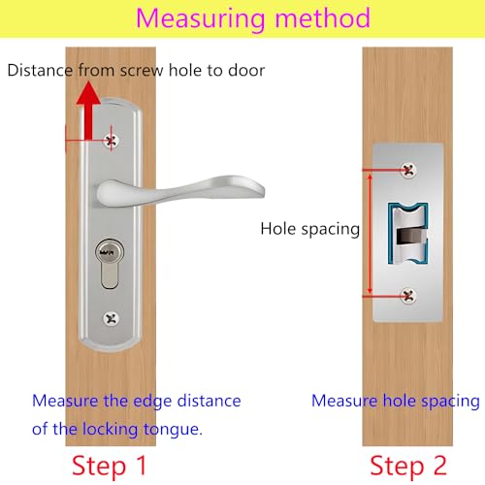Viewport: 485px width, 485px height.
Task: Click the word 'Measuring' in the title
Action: coord(201,19)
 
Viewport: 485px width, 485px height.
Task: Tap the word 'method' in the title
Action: coord(322,17)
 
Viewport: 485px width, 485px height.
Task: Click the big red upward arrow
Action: coord(88,111)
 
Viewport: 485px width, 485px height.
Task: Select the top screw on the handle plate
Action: coord(111,141)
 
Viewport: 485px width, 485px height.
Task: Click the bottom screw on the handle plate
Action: coord(112,318)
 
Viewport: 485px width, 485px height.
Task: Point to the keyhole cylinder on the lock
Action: coord(110,264)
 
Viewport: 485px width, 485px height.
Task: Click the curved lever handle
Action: coord(180,191)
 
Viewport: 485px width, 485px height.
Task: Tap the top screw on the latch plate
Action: coord(408,170)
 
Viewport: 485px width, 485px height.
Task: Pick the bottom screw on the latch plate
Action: coord(408,296)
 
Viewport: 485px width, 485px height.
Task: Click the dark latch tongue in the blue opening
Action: coord(410,236)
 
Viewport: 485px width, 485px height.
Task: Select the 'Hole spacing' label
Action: coord(310,229)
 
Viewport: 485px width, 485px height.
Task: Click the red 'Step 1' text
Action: coord(110,466)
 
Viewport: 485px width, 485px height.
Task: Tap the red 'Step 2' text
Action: coord(408,466)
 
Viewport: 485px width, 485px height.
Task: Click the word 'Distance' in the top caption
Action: coord(40,70)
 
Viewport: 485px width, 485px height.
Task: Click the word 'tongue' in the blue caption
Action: coord(173,430)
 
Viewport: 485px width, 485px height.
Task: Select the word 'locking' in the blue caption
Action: coord(110,430)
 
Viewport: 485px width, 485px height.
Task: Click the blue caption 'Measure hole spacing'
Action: coord(396,402)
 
